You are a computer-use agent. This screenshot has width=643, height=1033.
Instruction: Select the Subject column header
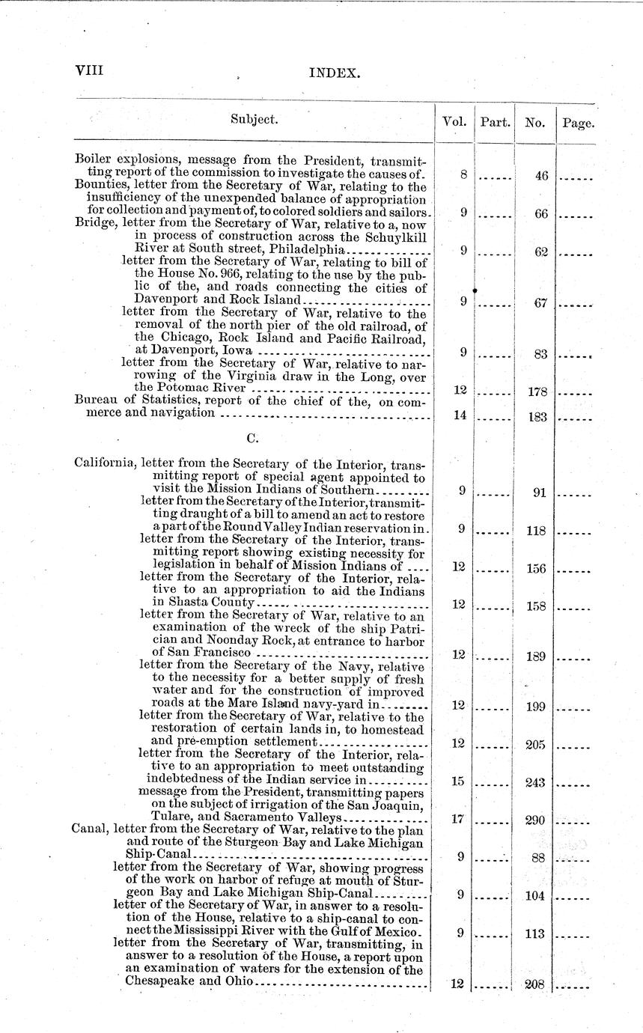(x=255, y=119)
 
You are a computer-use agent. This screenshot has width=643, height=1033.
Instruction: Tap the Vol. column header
(x=454, y=121)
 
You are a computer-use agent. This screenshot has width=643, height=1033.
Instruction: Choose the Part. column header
(x=495, y=121)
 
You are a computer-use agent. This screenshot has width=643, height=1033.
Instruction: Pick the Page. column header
(x=577, y=123)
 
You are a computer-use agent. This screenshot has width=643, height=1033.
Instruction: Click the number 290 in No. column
(x=534, y=821)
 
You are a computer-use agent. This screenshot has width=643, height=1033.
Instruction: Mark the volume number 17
(x=459, y=820)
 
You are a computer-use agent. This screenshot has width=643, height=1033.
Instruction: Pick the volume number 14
(x=460, y=415)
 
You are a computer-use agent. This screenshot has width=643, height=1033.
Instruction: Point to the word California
(x=105, y=462)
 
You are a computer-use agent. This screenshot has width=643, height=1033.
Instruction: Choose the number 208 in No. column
(x=534, y=985)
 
